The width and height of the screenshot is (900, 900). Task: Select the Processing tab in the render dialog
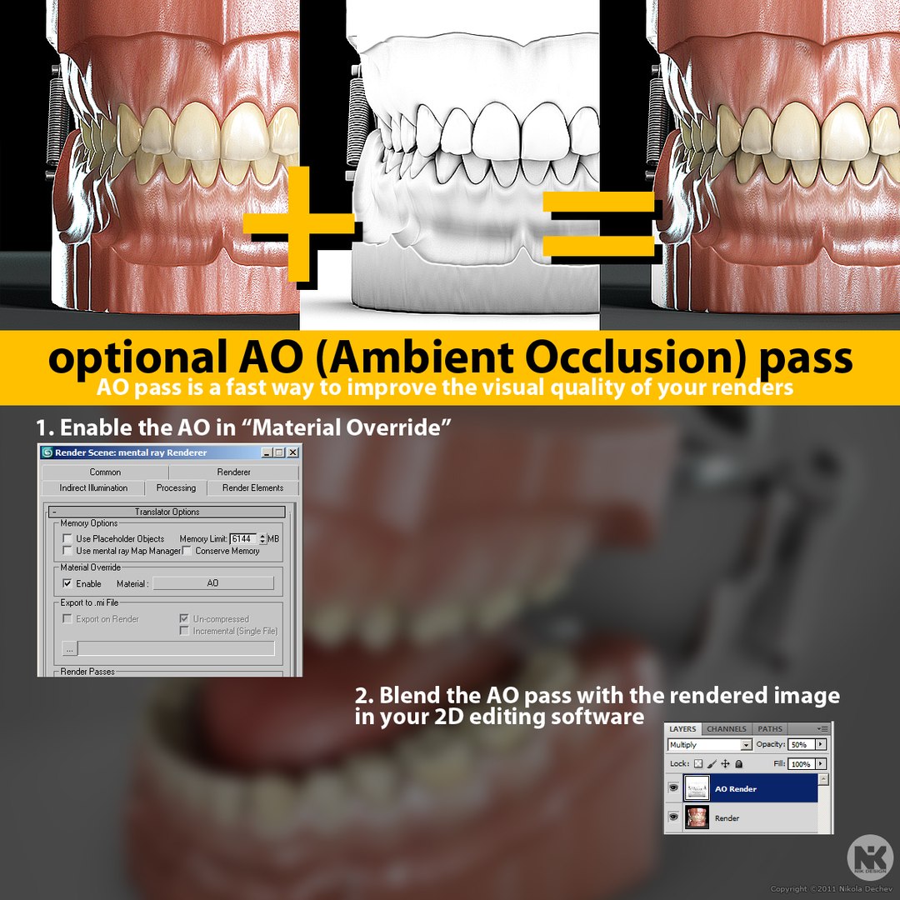pyautogui.click(x=176, y=488)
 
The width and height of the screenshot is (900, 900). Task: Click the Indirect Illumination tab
pyautogui.click(x=93, y=488)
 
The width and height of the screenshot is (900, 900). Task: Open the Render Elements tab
pyautogui.click(x=252, y=488)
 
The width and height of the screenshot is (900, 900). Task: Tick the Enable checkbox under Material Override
pyautogui.click(x=67, y=583)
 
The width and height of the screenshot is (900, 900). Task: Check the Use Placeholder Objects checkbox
pyautogui.click(x=67, y=539)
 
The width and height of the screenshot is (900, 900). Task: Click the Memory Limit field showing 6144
pyautogui.click(x=243, y=539)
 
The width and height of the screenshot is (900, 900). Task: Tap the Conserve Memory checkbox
pyautogui.click(x=187, y=551)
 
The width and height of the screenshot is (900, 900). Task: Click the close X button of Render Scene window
pyautogui.click(x=292, y=452)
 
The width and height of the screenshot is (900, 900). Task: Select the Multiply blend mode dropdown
pyautogui.click(x=709, y=744)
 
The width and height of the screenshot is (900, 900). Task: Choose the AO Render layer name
pyautogui.click(x=736, y=788)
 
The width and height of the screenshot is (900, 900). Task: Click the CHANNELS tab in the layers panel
pyautogui.click(x=726, y=729)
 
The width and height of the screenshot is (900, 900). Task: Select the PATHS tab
pyautogui.click(x=770, y=729)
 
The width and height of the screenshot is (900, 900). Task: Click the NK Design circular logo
pyautogui.click(x=869, y=858)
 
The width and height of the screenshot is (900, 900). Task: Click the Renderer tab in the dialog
pyautogui.click(x=233, y=472)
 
